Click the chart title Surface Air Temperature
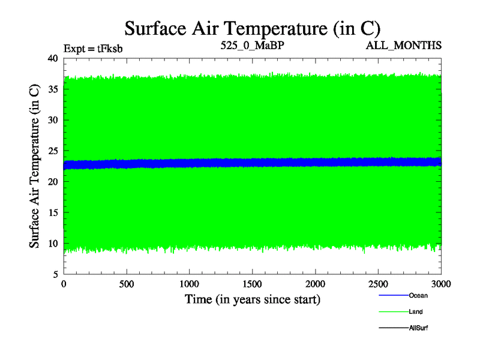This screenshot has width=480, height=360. [252, 28]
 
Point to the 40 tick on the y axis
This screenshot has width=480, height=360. [52, 58]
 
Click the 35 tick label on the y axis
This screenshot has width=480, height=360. [52, 89]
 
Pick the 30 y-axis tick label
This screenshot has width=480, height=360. [52, 120]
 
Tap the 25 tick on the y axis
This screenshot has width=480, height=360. [52, 151]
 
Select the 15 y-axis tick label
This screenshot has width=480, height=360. [52, 212]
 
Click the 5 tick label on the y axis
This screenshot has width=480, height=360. [55, 274]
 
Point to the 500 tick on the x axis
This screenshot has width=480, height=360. [126, 283]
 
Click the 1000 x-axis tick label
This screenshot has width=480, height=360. [189, 283]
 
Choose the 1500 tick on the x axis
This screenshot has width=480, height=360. [252, 283]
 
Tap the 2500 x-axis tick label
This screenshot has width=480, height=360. [378, 283]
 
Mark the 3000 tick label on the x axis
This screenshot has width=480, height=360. [440, 283]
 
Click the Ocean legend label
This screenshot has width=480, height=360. [418, 295]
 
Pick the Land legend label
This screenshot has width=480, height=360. [416, 311]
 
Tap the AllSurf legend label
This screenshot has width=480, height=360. [418, 328]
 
